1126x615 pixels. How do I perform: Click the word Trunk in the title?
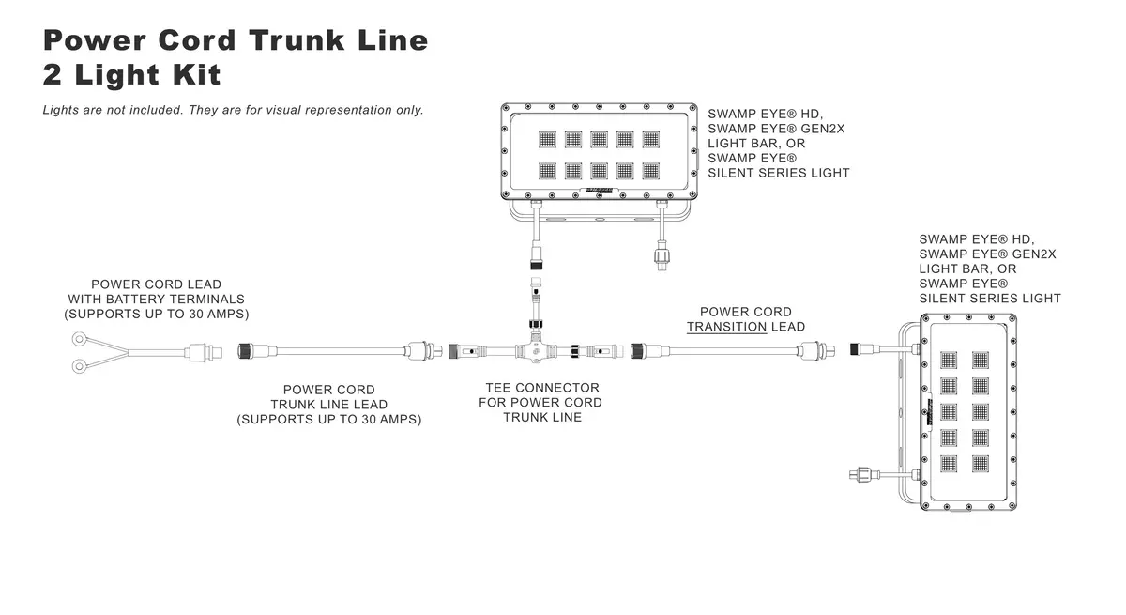point(297,40)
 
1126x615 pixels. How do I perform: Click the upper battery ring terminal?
point(79,339)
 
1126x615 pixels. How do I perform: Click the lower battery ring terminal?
point(79,366)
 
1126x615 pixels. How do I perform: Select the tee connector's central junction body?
point(536,349)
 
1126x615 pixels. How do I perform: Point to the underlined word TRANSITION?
point(726,327)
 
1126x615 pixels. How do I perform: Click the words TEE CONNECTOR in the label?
point(542,388)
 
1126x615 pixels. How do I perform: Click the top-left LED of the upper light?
point(547,139)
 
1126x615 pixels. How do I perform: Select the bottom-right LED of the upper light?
point(650,171)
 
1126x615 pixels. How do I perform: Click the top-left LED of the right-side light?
point(948,360)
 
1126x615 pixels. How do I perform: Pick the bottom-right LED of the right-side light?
point(980,464)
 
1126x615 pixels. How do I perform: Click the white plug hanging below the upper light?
point(662,256)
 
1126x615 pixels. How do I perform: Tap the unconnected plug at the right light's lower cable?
point(863,474)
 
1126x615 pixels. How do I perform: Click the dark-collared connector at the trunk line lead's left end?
point(244,350)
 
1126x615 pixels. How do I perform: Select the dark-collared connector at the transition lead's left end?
point(637,350)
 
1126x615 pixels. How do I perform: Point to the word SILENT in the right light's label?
point(944,299)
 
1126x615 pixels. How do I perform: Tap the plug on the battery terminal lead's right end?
point(206,351)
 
